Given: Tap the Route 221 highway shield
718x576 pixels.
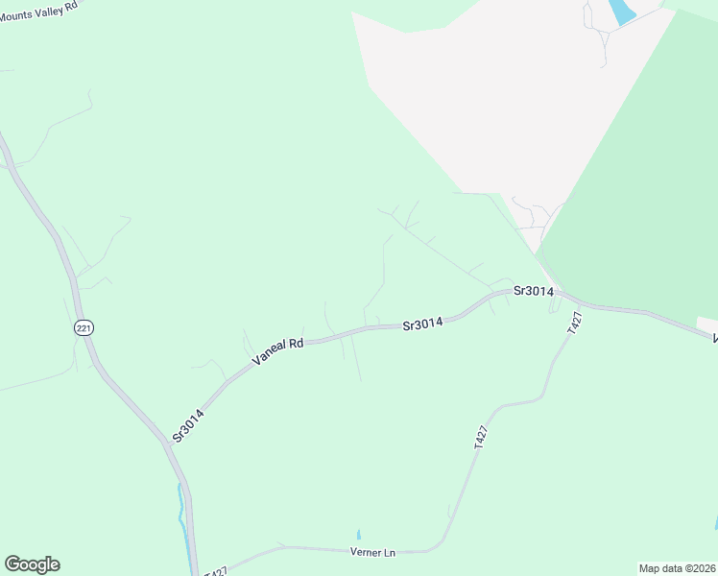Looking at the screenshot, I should pos(84,328).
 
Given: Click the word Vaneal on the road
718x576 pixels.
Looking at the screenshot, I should pos(270,352).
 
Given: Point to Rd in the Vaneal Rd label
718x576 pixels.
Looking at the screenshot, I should pos(297,342).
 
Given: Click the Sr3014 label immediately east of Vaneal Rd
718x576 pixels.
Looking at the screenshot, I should pos(422,324).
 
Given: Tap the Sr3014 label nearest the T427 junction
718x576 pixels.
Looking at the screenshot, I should pos(533,290).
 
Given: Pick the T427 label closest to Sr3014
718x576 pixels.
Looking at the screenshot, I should pos(574,323).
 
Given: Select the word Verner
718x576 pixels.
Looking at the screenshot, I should pos(367,552).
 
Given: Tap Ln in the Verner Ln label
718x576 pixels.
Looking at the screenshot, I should pos(390,552).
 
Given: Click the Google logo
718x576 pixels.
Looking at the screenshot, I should pos(32,564).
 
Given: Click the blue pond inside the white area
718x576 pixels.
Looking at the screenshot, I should pos(621,12).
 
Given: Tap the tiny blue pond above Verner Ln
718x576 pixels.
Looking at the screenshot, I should pos(358,534).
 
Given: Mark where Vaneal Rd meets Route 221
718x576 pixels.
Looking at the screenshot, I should pos(164,443).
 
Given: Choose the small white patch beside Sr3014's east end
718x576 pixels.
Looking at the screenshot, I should pos(706,324).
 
